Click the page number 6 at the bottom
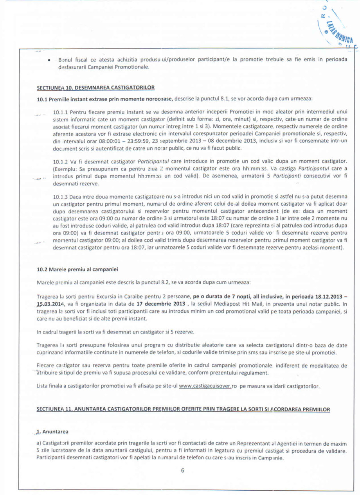tap(182, 470)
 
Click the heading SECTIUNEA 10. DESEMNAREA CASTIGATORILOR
tap(96, 87)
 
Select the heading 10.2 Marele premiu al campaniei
tap(77, 269)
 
